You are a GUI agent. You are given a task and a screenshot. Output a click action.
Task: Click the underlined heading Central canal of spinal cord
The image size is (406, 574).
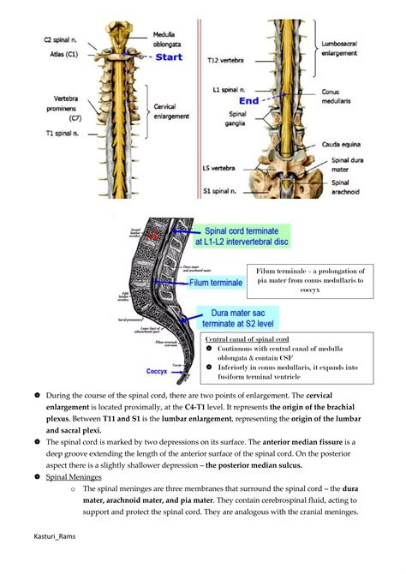point(248,339)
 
